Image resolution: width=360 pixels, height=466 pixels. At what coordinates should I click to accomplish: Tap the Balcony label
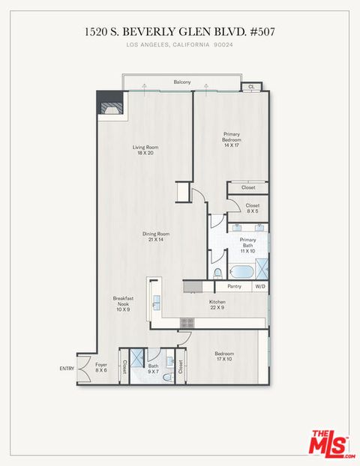click(x=181, y=82)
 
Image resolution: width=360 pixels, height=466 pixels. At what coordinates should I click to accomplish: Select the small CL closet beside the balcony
click(x=250, y=87)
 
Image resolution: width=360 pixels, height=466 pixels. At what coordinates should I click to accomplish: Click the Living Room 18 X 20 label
click(x=145, y=150)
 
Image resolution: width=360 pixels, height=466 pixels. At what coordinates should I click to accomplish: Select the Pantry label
click(x=234, y=286)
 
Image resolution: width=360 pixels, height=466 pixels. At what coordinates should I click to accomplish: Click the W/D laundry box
click(x=259, y=286)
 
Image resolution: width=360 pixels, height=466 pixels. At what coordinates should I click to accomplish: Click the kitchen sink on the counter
click(x=157, y=302)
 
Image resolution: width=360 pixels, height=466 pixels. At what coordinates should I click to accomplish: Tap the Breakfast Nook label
click(x=123, y=303)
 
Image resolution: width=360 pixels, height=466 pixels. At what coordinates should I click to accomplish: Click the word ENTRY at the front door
click(x=67, y=369)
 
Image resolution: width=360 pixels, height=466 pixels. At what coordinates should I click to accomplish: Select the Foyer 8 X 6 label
click(x=101, y=367)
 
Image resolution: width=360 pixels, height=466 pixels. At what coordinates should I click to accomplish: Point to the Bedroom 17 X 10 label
click(x=224, y=356)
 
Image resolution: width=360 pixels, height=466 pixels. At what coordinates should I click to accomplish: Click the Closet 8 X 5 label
click(x=252, y=208)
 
